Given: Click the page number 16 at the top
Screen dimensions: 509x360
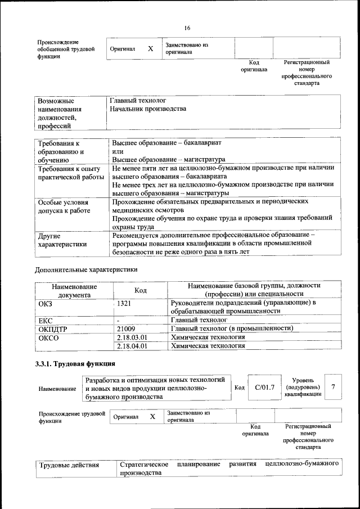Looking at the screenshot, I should (x=187, y=28).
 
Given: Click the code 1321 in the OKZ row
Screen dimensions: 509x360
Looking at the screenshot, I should (x=125, y=304).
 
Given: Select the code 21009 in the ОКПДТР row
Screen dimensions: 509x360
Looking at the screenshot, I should (x=126, y=328).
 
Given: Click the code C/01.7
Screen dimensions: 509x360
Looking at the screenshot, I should (x=264, y=388).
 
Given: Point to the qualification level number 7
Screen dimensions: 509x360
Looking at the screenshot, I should (x=334, y=387).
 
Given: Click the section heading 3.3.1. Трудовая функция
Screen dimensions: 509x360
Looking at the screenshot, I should (x=75, y=363).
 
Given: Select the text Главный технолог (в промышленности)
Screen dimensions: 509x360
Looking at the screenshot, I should (x=232, y=328).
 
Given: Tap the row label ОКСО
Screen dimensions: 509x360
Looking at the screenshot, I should (x=48, y=337).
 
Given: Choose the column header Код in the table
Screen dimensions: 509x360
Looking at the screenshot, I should (x=141, y=290).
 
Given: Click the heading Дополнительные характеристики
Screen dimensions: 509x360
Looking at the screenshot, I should (x=86, y=269).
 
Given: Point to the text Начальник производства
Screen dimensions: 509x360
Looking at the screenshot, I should (x=148, y=109).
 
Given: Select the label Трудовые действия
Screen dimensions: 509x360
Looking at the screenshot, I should (x=69, y=465).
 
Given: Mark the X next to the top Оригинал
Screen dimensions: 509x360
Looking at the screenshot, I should (x=150, y=49).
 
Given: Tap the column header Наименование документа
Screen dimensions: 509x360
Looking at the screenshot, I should (x=74, y=290).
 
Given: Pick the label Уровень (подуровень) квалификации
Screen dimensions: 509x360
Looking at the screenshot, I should (x=303, y=387).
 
